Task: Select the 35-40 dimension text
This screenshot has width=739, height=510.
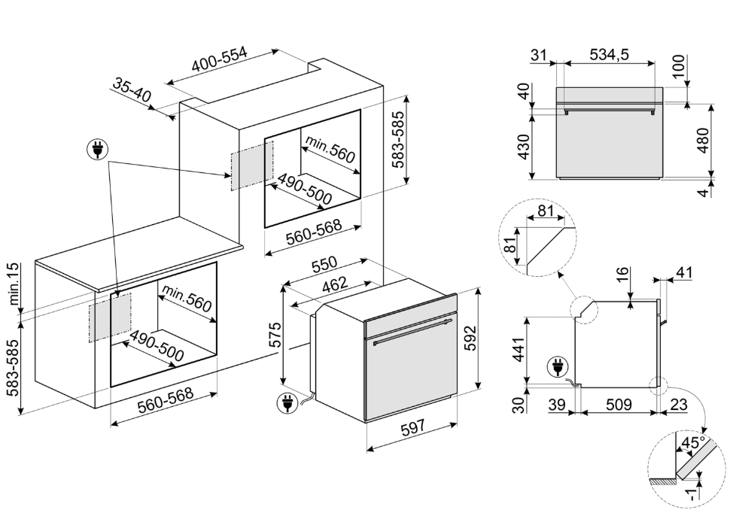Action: tap(132, 91)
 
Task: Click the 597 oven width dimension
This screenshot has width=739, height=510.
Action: tap(412, 427)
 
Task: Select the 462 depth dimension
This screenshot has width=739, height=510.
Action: tap(336, 284)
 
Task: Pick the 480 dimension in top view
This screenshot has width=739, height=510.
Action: tap(704, 140)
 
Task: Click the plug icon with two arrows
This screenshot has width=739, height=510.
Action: tap(96, 150)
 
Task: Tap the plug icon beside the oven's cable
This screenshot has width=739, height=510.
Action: tap(287, 404)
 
